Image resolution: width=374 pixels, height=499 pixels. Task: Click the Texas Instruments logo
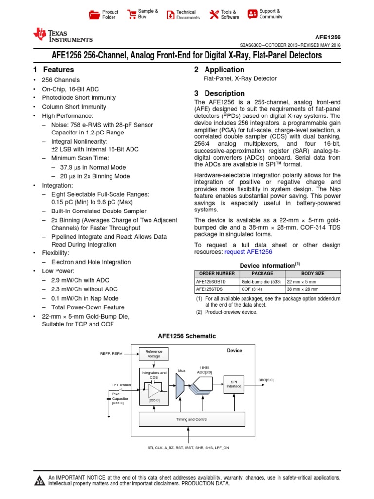click(x=62, y=36)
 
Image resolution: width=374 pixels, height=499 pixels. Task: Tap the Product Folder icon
click(x=94, y=15)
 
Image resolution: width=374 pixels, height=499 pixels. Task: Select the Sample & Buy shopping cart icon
click(x=131, y=14)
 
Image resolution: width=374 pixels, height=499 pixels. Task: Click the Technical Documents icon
click(x=170, y=15)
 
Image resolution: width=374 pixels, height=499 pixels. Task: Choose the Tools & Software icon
click(x=214, y=14)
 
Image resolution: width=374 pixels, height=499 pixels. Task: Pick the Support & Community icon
click(x=252, y=14)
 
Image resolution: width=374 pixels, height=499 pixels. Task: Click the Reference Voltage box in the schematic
click(x=154, y=354)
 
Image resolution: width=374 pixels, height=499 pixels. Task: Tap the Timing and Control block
click(x=191, y=419)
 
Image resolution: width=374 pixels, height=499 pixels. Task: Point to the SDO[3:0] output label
click(x=266, y=380)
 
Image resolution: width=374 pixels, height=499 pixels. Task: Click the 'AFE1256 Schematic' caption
click(x=187, y=336)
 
